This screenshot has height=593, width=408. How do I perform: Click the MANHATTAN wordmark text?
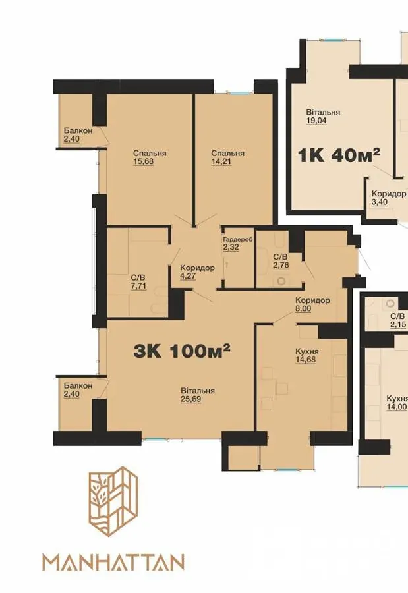113,563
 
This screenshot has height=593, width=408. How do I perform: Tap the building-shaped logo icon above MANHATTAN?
113,501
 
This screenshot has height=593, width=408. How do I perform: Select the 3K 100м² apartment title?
182,351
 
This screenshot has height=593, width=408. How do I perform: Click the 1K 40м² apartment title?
339,155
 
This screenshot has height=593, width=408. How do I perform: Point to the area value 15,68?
144,162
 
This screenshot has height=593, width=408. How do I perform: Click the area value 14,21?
221,162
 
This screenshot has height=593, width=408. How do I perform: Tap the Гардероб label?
238,240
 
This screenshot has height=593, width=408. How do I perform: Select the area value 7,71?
138,287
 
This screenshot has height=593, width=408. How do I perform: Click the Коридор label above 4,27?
197,268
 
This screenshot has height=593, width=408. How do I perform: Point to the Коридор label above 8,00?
312,300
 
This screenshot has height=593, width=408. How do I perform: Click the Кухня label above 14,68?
307,351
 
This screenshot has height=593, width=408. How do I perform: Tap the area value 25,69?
190,399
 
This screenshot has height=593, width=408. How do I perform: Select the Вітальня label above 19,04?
323,112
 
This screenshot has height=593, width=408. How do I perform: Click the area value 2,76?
281,265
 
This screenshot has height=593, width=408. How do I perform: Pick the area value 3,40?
380,202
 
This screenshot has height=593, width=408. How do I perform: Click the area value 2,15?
398,324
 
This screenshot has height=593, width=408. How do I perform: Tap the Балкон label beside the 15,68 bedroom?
78,130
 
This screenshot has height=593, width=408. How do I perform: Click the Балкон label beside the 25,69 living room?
78,385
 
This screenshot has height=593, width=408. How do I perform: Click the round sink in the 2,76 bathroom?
281,281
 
